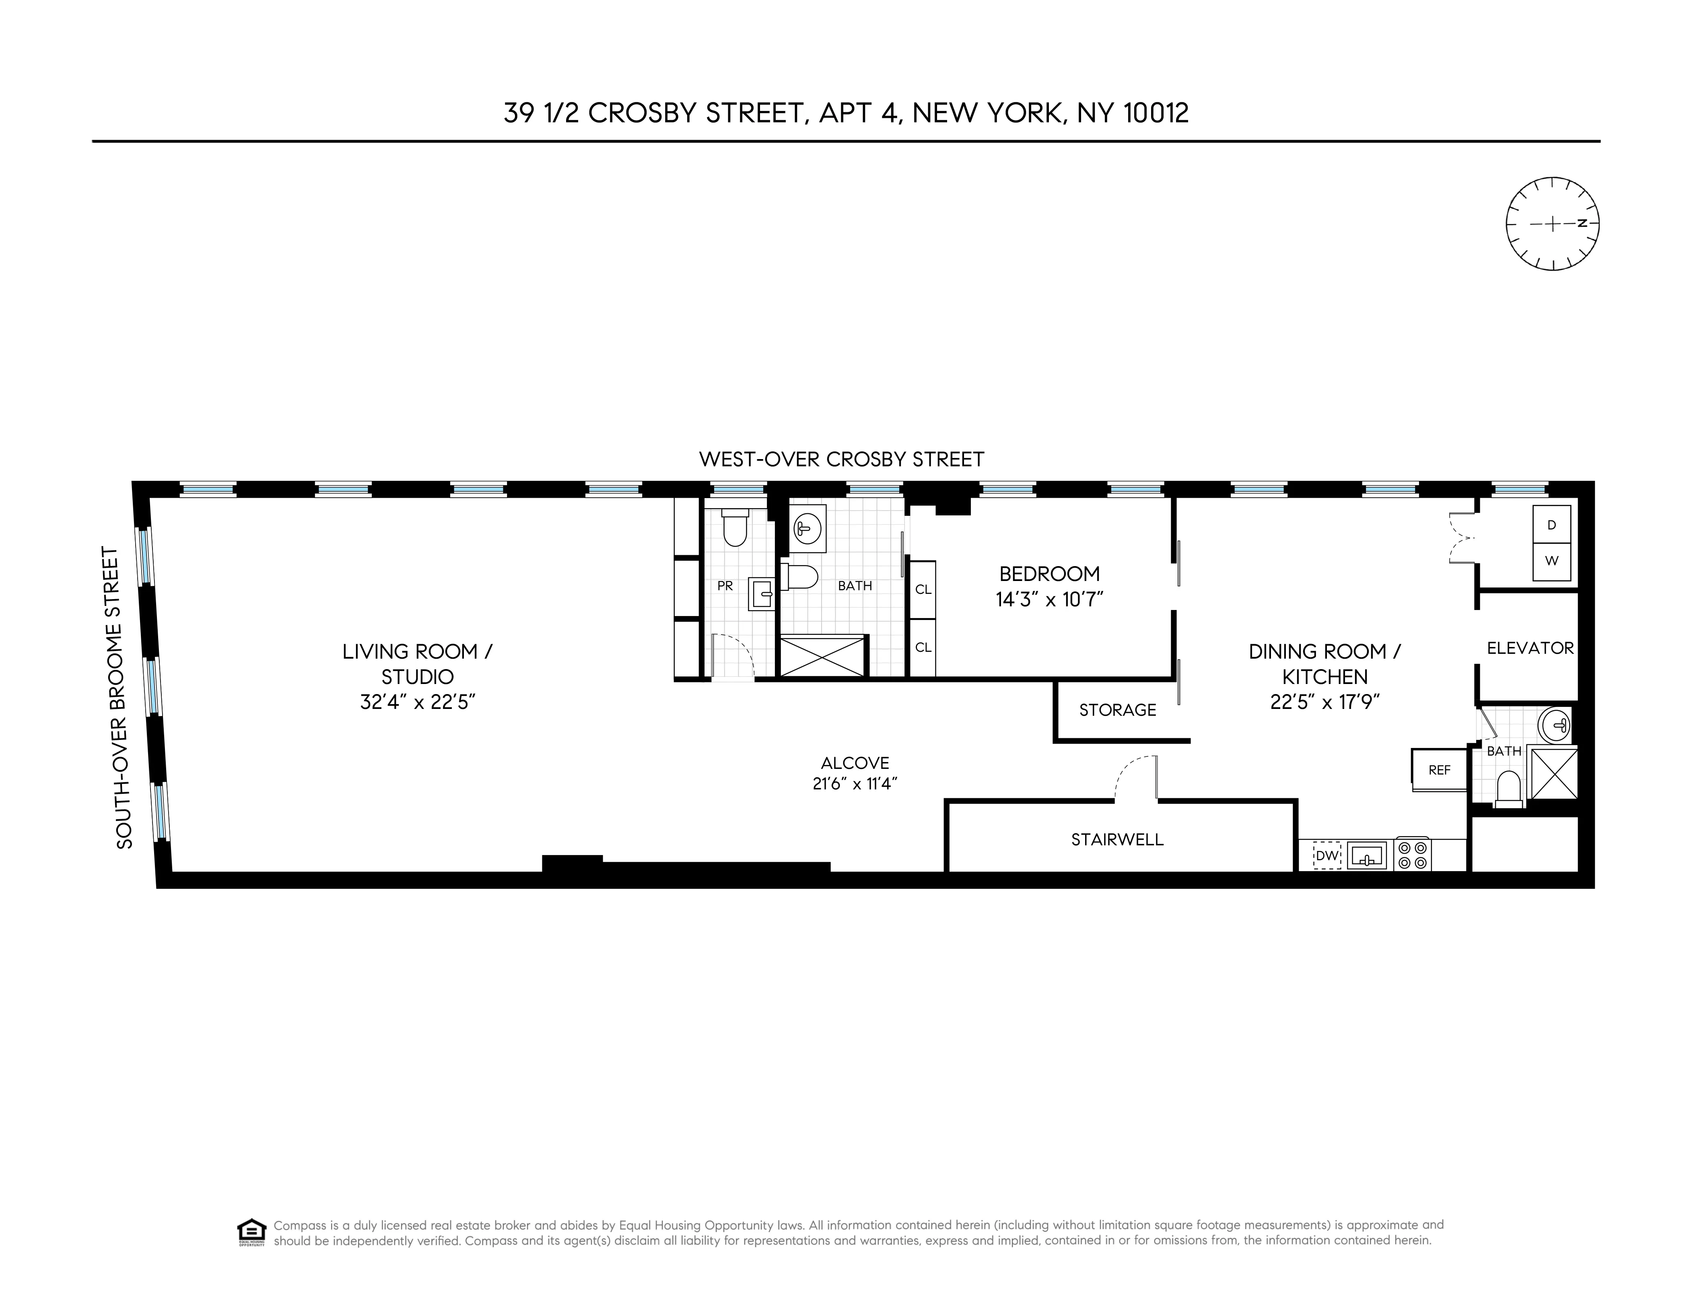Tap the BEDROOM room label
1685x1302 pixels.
pos(1049,574)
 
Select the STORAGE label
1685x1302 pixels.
pos(1117,710)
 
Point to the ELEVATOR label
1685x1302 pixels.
pos(1530,648)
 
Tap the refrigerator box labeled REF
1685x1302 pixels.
pos(1439,770)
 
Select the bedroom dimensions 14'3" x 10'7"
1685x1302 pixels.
pos(1049,599)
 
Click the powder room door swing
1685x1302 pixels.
pos(733,656)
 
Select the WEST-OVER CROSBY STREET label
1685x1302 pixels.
pos(841,460)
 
